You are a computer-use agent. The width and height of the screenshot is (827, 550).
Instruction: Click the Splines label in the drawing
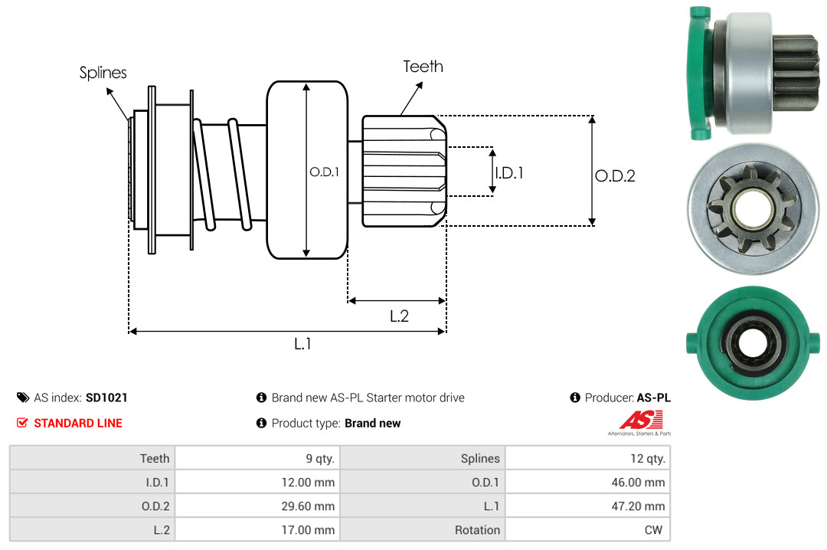[x=103, y=73]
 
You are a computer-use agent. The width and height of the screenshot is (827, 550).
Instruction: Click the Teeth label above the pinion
[x=423, y=67]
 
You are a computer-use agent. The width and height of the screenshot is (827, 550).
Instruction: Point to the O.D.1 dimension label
[x=324, y=172]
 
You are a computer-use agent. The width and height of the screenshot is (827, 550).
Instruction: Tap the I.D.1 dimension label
[x=508, y=173]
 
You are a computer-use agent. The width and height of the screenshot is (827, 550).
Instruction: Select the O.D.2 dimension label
[x=615, y=176]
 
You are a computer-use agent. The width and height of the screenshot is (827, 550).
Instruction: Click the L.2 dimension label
[x=399, y=316]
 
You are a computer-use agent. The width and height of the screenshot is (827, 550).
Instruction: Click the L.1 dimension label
[x=302, y=344]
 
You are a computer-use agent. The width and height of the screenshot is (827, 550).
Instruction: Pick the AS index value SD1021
[x=106, y=398]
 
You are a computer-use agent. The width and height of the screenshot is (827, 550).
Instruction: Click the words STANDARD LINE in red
[x=77, y=423]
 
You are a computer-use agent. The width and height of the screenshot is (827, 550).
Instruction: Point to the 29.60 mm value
[x=312, y=506]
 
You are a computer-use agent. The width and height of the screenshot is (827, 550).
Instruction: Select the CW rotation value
[x=655, y=530]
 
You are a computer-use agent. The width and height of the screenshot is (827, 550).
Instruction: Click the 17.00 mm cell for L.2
[x=312, y=530]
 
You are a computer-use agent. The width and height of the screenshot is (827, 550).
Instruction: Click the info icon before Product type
[x=261, y=423]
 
